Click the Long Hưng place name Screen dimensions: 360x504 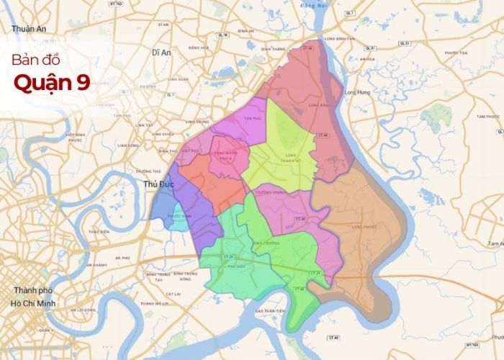[x=357, y=92]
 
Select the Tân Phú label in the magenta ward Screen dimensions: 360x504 [x=252, y=117]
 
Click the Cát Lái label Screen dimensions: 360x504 [x=173, y=294]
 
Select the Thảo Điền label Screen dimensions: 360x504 [x=99, y=232]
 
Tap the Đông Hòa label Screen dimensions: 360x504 [x=198, y=48]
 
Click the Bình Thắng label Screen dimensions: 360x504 [x=273, y=48]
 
